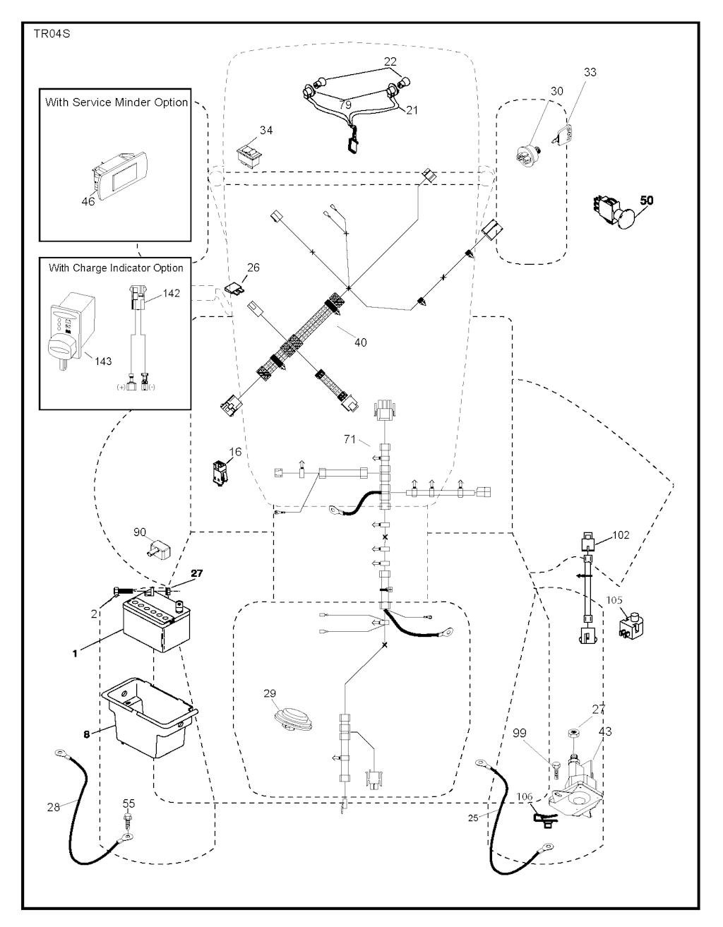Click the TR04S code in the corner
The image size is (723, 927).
52,34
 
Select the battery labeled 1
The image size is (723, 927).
156,625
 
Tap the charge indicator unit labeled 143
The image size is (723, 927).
71,329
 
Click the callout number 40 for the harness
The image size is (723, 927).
360,342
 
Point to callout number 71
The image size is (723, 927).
349,439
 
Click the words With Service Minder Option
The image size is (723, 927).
116,102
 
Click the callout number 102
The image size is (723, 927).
621,535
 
